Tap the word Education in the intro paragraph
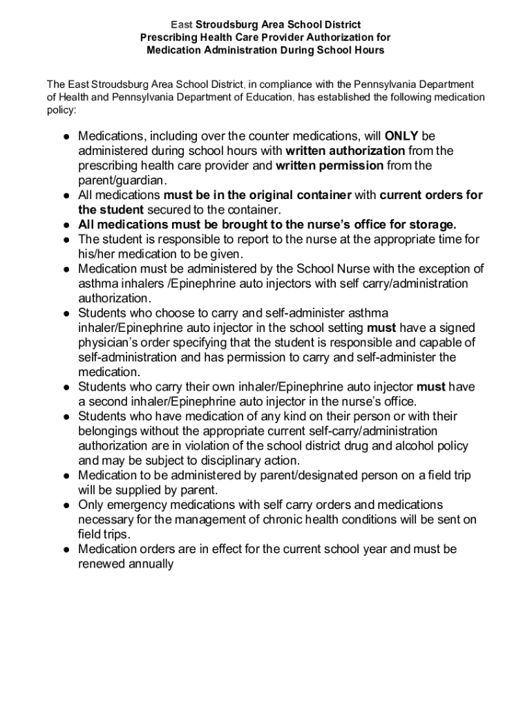click(x=269, y=97)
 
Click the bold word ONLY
click(x=401, y=136)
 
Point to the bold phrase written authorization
click(x=345, y=151)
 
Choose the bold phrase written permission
click(x=330, y=165)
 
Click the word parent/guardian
click(x=113, y=180)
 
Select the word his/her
click(x=99, y=254)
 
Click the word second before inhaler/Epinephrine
click(x=108, y=402)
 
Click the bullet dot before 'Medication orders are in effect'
click(x=65, y=550)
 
